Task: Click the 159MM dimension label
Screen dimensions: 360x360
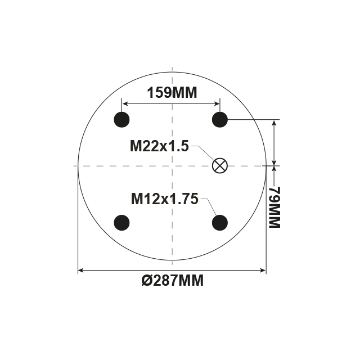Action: point(172,93)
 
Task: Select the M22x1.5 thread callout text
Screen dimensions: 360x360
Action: point(159,147)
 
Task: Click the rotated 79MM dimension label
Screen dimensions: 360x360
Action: point(274,208)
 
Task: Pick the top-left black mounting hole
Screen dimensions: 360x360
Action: point(122,119)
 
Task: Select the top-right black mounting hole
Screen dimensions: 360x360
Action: point(220,119)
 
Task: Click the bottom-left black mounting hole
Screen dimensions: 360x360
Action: point(122,223)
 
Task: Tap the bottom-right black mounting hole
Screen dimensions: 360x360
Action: point(220,223)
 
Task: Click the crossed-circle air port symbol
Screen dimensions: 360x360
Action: point(220,165)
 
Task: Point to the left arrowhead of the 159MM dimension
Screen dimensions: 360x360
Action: point(125,104)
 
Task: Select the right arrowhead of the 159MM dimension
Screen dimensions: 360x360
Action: point(217,104)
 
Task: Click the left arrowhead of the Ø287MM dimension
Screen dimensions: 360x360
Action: point(81,271)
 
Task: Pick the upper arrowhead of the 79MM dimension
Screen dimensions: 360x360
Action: point(274,123)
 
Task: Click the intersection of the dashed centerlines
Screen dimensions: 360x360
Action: point(172,165)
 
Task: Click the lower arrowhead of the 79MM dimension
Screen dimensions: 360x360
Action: point(274,163)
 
